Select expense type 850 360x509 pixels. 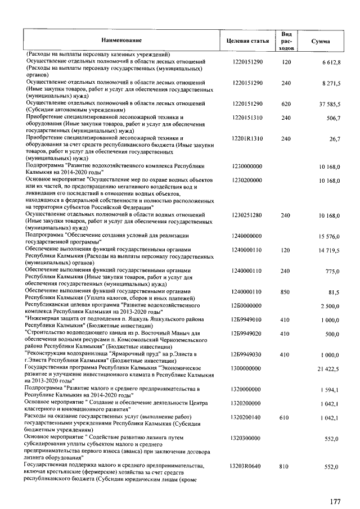click(x=286, y=292)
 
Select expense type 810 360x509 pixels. click(x=286, y=467)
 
